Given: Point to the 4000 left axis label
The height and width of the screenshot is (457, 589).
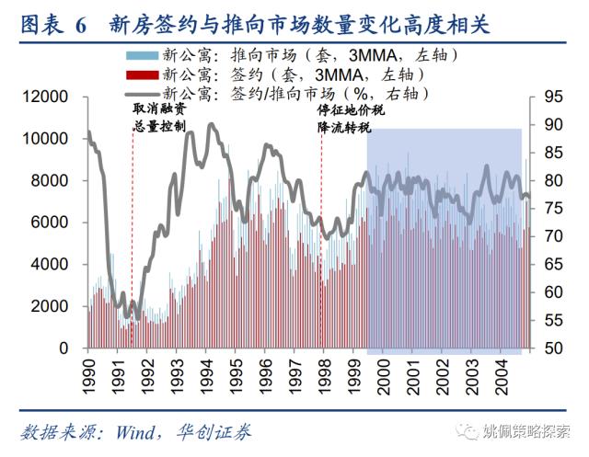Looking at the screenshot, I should pos(49,265).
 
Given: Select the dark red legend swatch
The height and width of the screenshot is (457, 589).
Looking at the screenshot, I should pos(144,74).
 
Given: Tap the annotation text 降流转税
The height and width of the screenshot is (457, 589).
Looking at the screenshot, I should pos(344,127).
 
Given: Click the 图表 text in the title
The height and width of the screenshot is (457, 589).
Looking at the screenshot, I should pos(40,24).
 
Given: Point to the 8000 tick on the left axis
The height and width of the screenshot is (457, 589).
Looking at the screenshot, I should pos(49,181).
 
